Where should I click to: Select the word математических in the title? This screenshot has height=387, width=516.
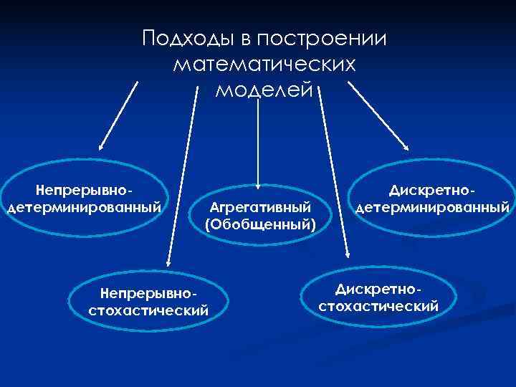264,65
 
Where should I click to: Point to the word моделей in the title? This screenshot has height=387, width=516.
264,91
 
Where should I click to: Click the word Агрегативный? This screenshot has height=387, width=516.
259,206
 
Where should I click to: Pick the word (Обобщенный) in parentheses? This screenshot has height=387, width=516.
259,225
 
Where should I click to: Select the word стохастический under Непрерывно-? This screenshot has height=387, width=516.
148,311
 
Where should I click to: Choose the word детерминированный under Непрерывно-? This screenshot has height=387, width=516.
83,208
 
